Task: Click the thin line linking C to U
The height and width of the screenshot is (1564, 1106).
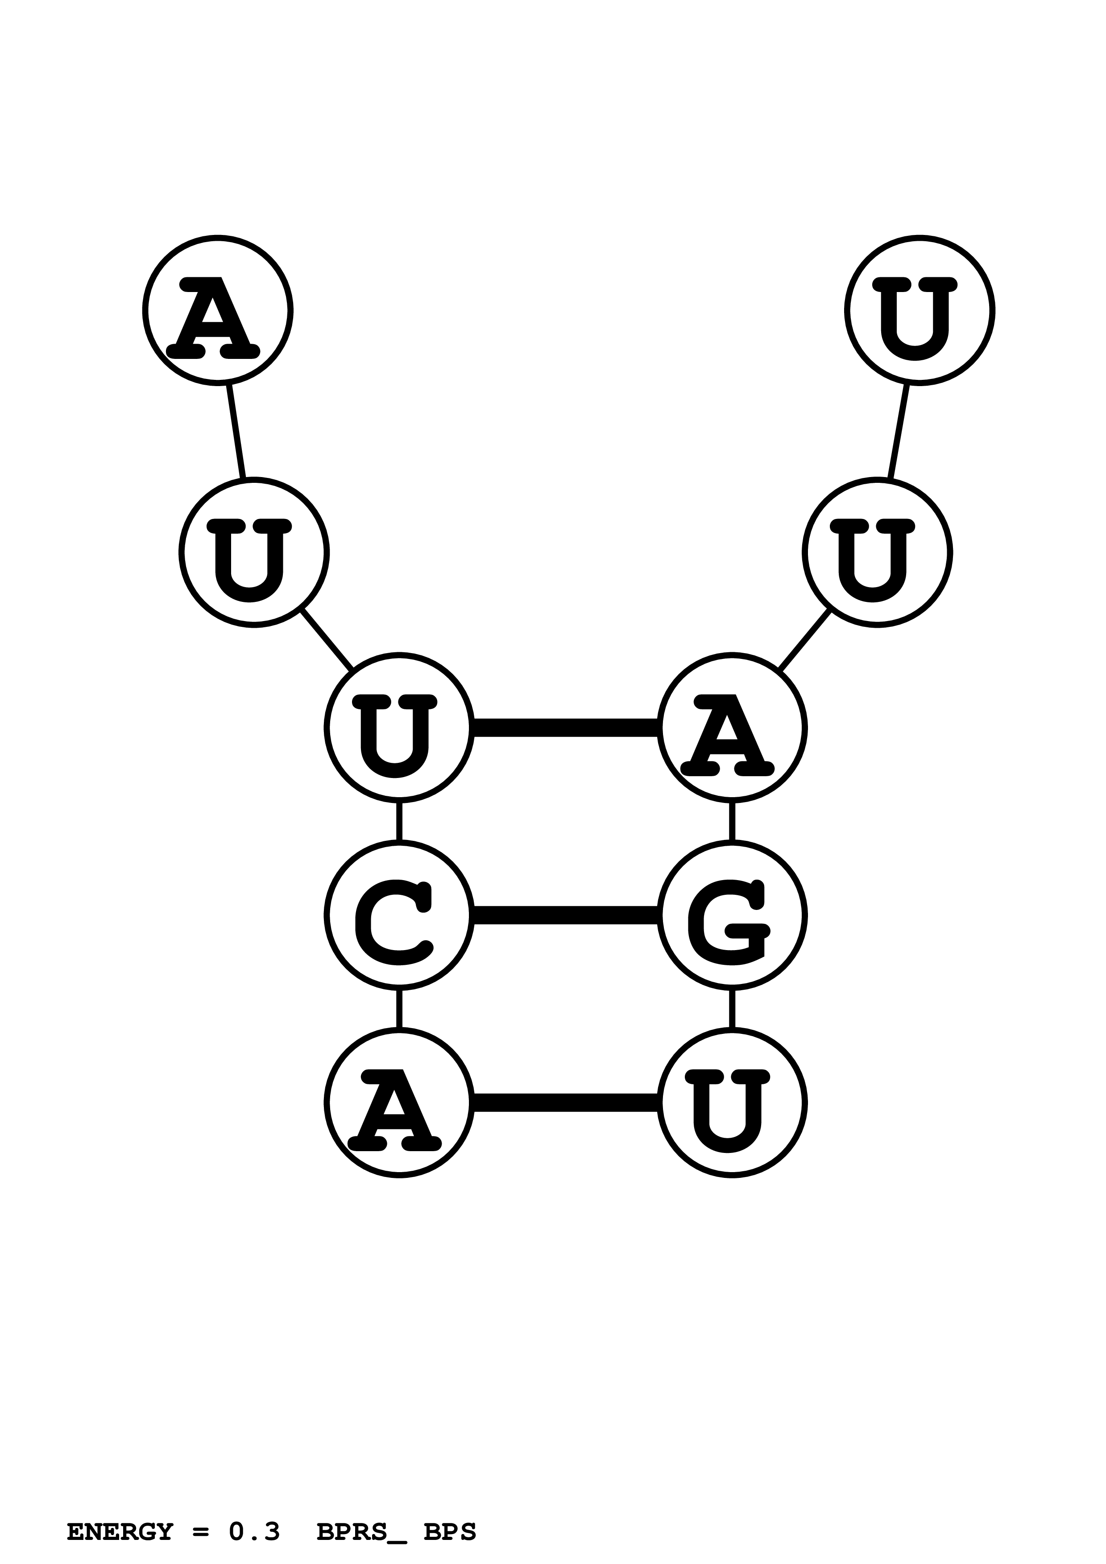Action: pos(399,821)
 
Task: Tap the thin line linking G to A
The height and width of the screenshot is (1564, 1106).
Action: pos(732,821)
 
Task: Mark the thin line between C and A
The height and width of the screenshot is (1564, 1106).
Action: pos(399,1008)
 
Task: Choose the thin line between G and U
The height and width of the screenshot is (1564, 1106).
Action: pos(732,1008)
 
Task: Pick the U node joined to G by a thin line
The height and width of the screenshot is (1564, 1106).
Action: pos(732,1102)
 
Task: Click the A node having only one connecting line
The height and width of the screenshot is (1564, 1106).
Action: pos(217,310)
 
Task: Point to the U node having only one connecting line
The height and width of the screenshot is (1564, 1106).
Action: pos(919,310)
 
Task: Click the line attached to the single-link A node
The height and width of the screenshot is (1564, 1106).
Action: pos(236,431)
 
